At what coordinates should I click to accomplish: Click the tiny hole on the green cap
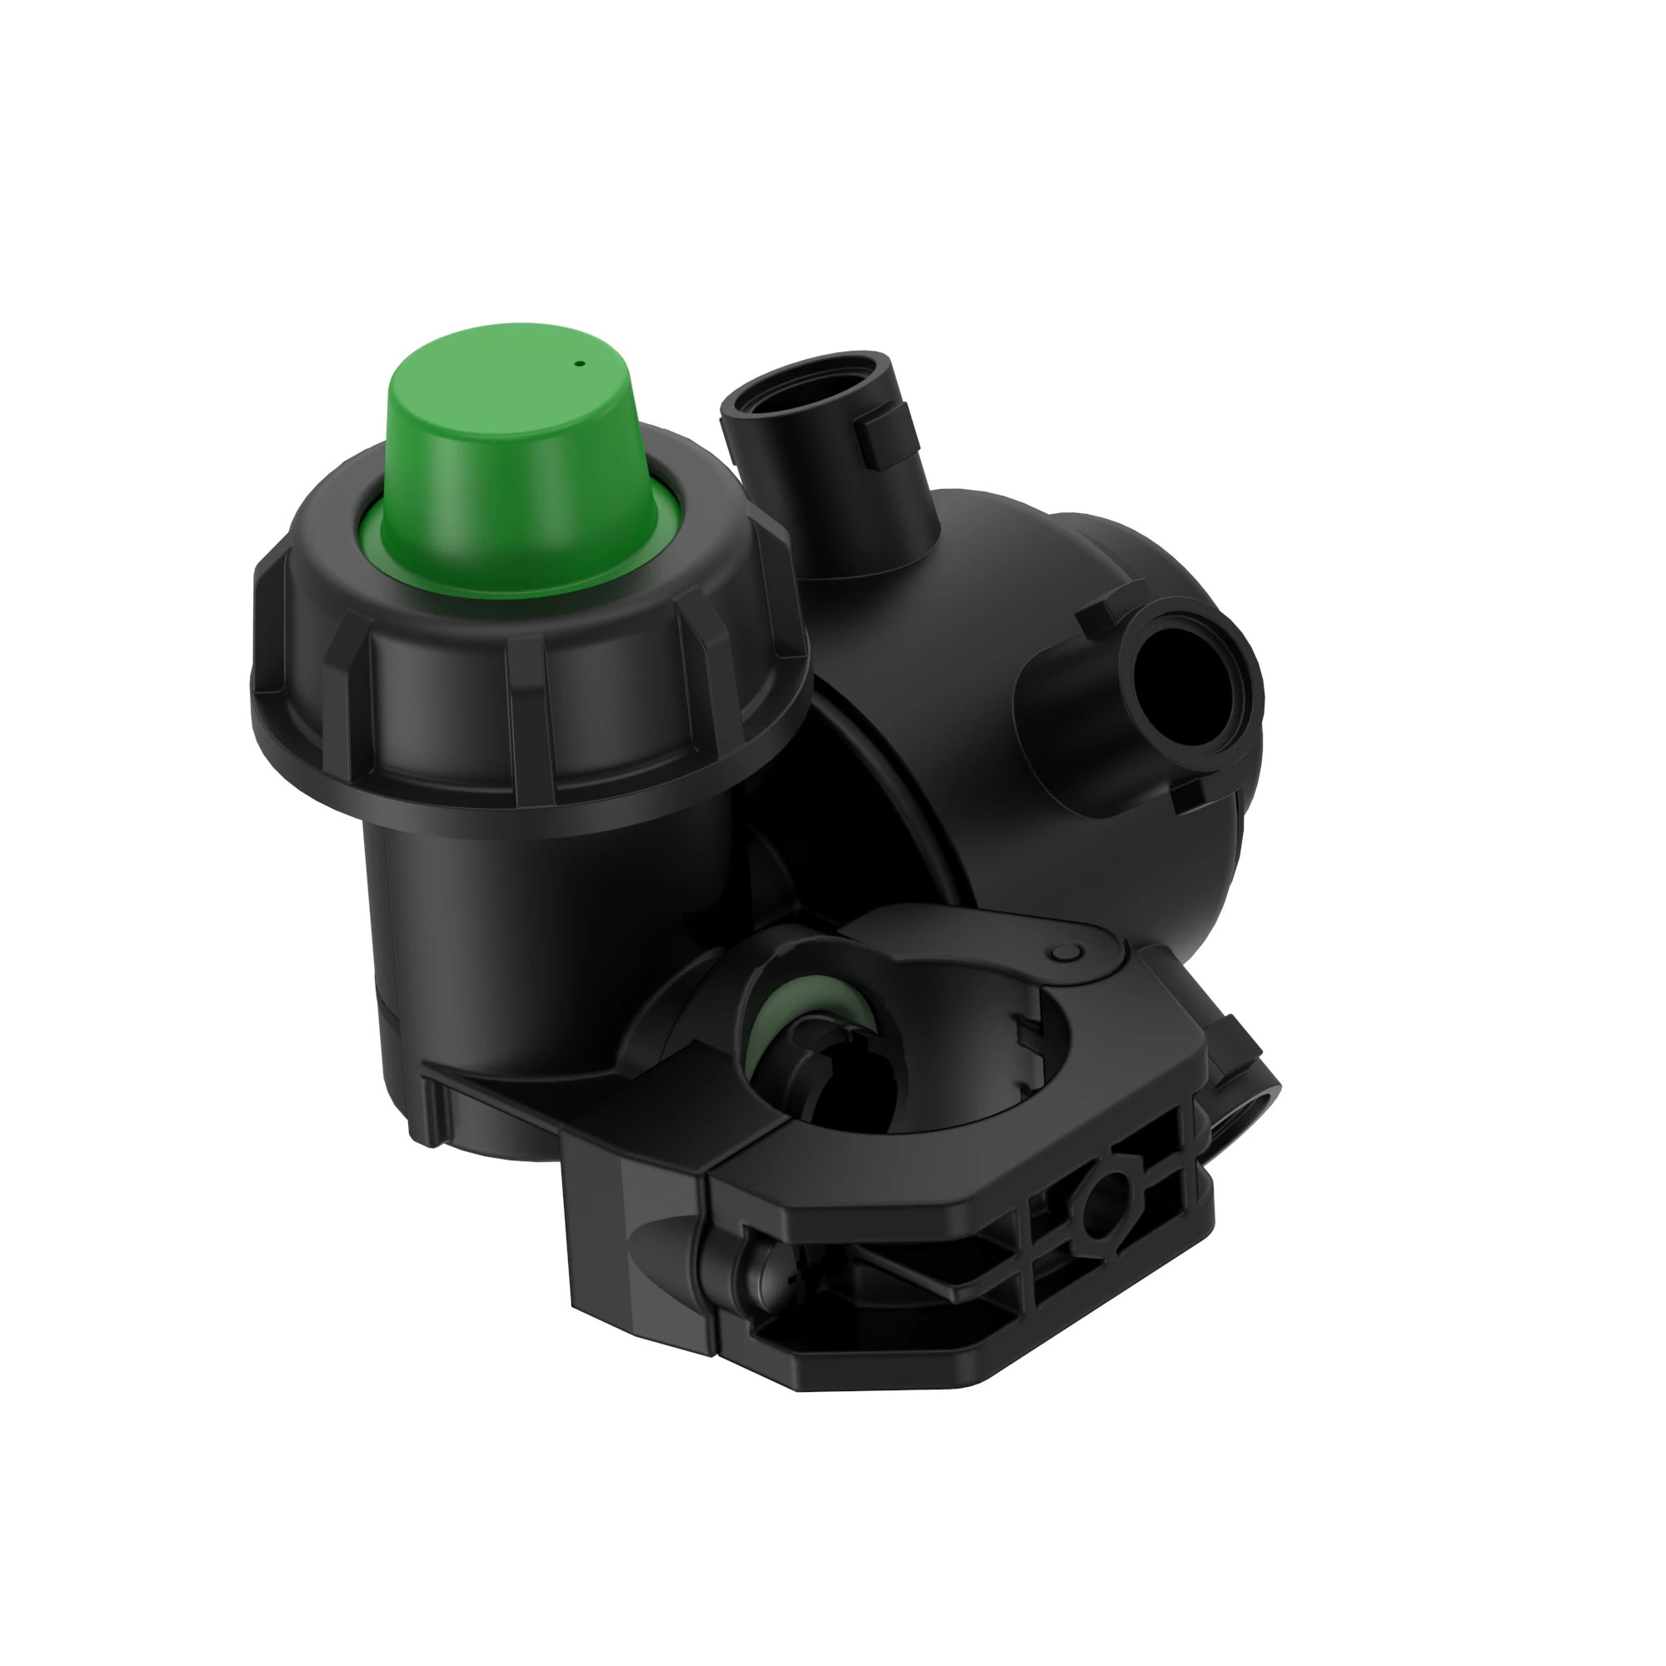(581, 364)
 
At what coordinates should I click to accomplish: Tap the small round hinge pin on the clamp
(1067, 952)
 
